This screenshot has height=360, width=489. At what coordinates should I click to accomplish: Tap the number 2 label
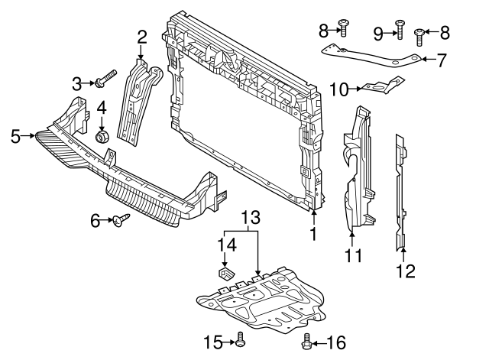[x=142, y=36]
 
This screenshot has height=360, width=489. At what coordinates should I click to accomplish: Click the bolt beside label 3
[x=105, y=79]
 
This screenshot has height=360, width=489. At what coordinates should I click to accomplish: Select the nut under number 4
[x=100, y=138]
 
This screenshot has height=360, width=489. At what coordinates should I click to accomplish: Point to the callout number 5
[x=16, y=136]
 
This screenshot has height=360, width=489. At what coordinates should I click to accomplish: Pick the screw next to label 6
[x=121, y=221]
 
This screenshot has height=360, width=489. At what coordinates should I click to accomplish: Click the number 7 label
[x=441, y=58]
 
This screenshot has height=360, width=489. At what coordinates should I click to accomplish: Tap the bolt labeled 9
[x=399, y=29]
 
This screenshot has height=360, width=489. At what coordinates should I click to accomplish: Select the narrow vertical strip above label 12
[x=401, y=191]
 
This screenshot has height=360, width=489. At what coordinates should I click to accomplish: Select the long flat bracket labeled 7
[x=367, y=58]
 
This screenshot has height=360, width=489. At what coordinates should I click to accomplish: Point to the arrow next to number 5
[x=31, y=136]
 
